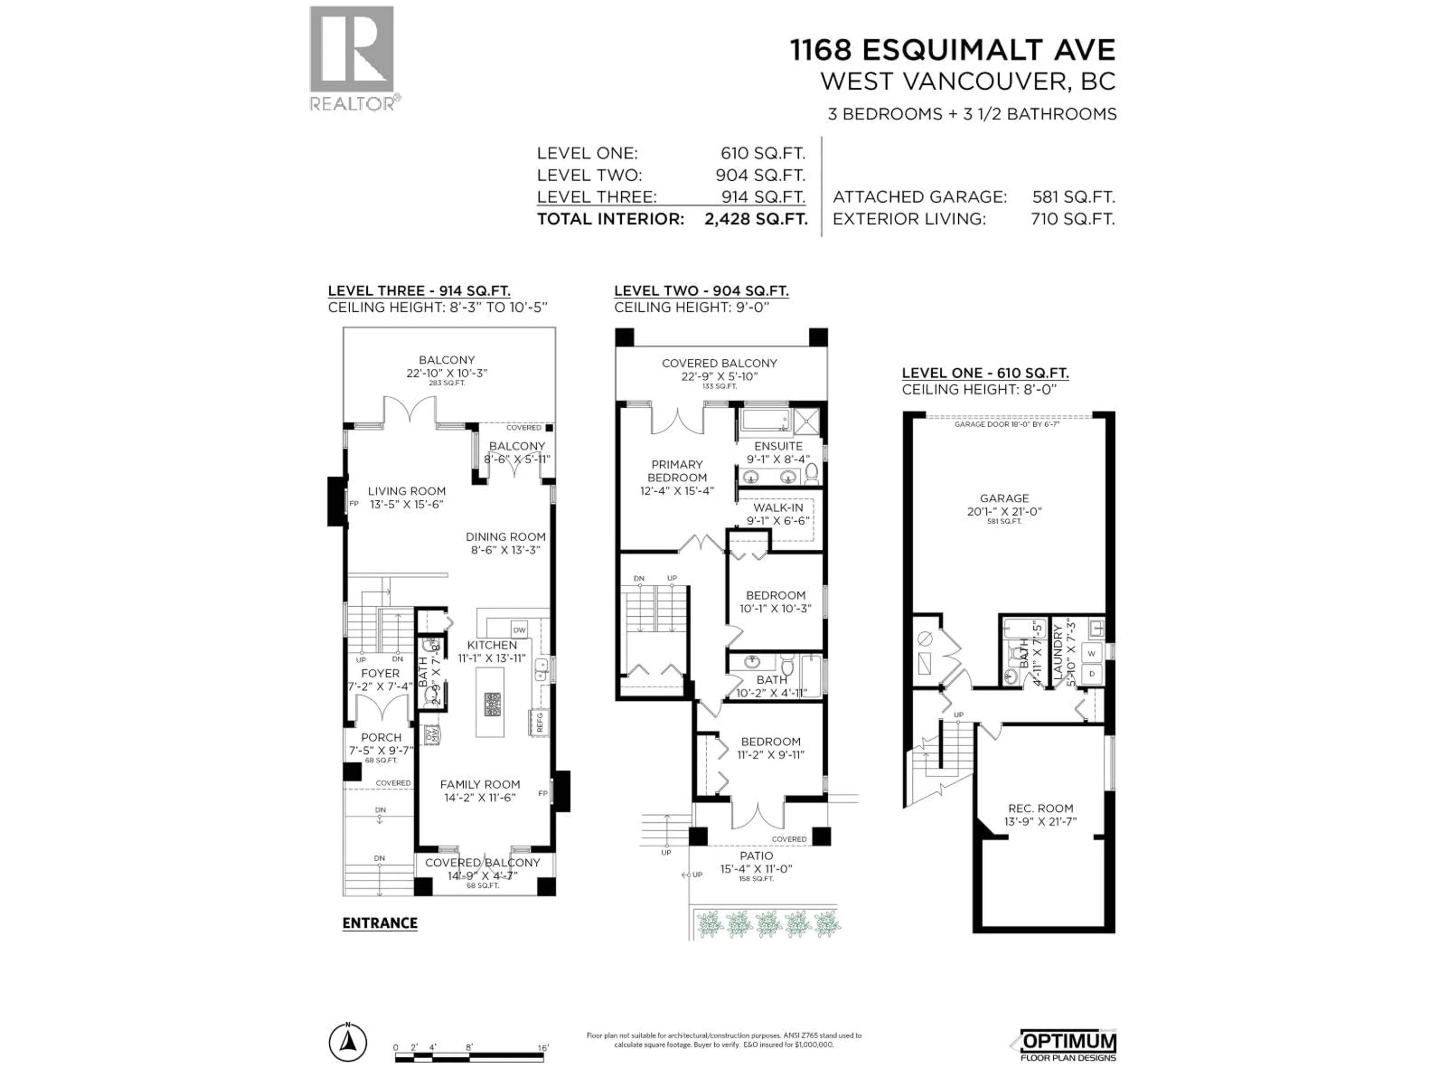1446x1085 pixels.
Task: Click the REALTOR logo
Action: coord(352,58)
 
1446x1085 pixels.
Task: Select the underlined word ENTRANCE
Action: coord(380,923)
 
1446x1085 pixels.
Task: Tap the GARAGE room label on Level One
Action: coord(1004,498)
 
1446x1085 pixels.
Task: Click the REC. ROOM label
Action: coord(1040,808)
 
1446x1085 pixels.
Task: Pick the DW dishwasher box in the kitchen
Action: coord(520,630)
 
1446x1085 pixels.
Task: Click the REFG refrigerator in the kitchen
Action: coord(539,722)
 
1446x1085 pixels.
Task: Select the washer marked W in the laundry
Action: coord(1091,653)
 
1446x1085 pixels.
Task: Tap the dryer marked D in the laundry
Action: coord(1091,674)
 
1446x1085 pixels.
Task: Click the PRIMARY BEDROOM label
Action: coord(677,471)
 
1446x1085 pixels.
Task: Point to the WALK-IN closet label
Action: coord(778,507)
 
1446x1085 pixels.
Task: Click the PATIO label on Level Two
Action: coord(757,856)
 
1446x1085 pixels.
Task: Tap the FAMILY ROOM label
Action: coord(480,784)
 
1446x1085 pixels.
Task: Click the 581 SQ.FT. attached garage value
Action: coord(1073,197)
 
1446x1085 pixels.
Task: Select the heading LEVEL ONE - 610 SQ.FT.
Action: coord(985,373)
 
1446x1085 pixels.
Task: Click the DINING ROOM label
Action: coord(505,536)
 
